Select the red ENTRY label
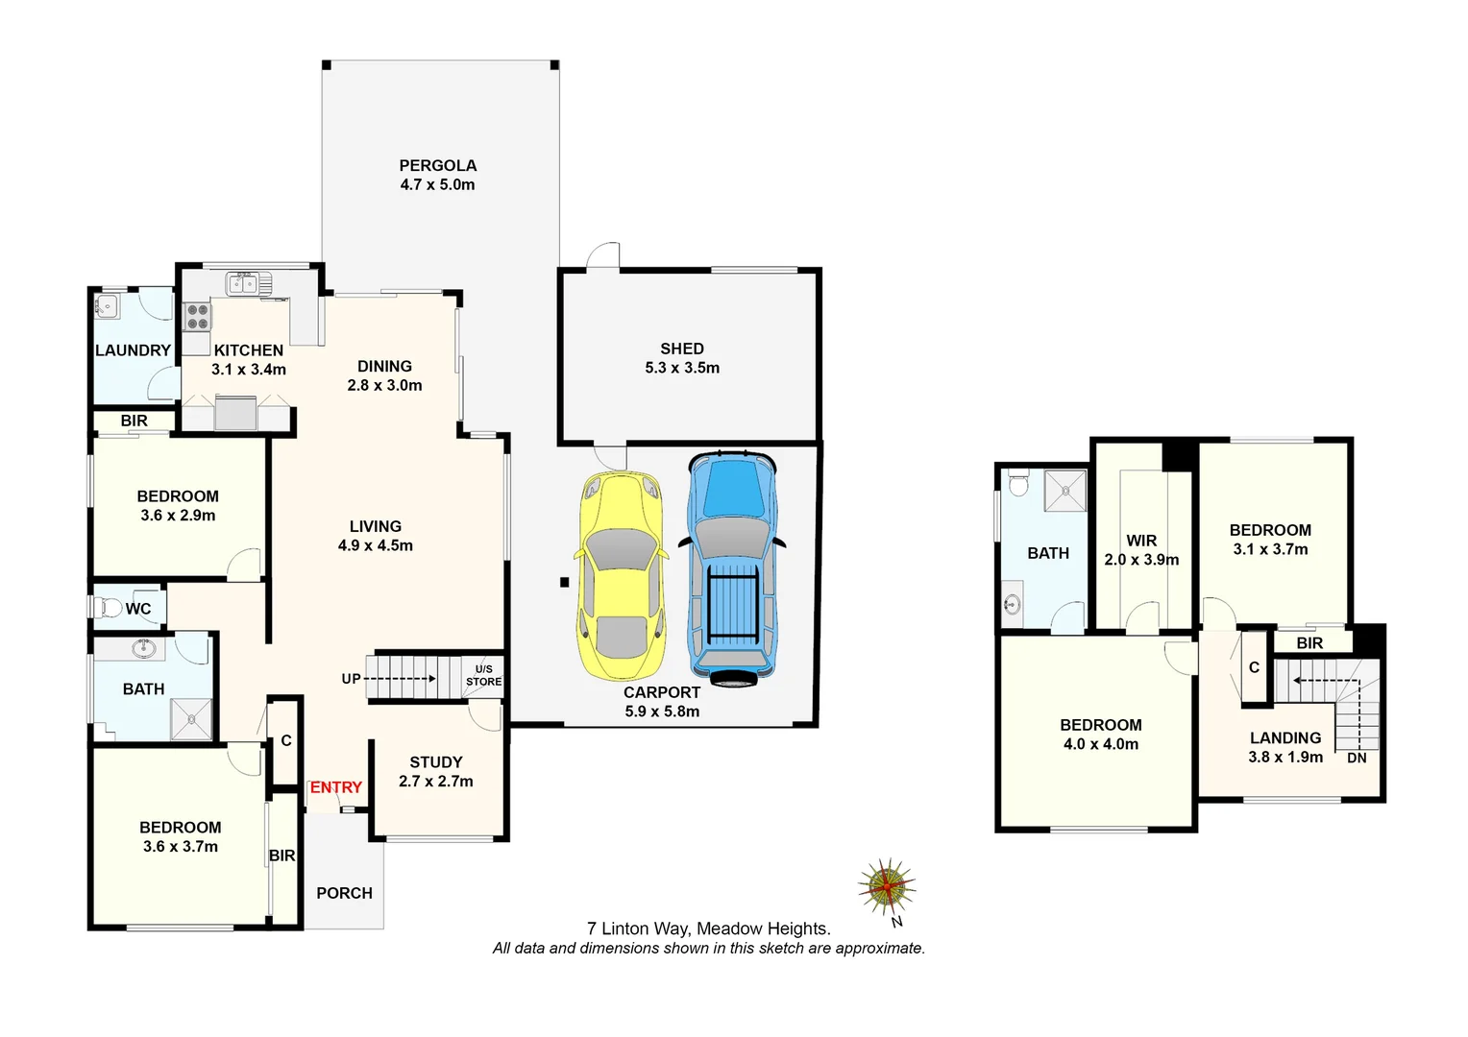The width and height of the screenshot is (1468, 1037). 335,787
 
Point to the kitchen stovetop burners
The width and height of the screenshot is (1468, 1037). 197,317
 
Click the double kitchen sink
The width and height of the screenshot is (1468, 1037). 248,283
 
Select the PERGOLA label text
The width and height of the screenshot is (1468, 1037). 437,165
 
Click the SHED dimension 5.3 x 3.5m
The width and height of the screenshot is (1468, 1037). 682,368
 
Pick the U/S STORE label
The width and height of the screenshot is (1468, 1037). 483,675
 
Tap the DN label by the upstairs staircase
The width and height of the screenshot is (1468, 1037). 1357,758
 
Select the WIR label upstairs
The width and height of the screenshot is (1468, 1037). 1141,541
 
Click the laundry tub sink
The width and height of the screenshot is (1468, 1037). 107,306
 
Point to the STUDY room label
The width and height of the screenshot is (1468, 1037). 436,762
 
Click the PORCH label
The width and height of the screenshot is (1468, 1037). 344,893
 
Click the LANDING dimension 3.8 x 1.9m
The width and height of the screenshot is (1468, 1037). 1285,757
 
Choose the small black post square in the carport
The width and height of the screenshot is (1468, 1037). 565,582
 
